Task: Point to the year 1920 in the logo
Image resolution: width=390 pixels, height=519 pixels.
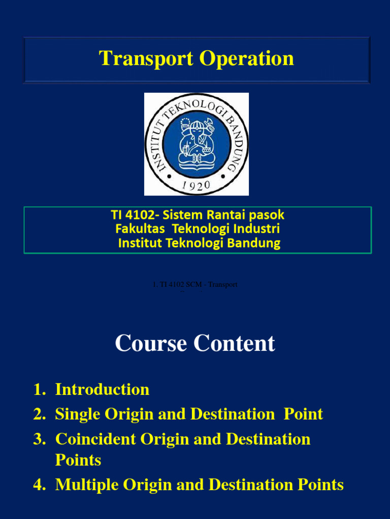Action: click(196, 186)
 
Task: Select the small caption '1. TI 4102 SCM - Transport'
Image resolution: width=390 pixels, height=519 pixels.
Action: click(195, 285)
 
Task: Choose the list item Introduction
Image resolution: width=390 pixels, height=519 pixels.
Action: click(102, 389)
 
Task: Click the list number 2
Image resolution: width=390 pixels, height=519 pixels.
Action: click(38, 414)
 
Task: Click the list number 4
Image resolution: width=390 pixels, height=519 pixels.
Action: click(38, 485)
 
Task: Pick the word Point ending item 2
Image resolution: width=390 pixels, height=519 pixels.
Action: click(303, 414)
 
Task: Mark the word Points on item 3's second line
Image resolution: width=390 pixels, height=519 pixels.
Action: click(78, 460)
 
